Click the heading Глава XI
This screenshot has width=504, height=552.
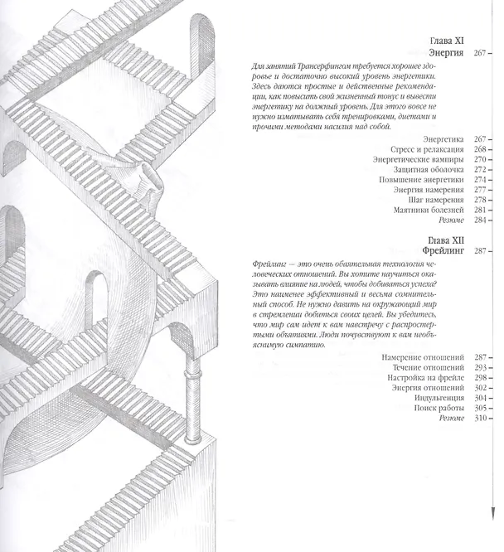click(447, 41)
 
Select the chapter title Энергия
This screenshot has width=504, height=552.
click(446, 53)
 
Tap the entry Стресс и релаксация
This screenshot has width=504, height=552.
click(427, 149)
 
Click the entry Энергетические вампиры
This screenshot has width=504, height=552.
click(419, 159)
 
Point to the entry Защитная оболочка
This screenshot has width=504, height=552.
click(429, 170)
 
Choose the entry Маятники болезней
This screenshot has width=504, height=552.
click(429, 211)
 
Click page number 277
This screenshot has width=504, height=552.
click(480, 190)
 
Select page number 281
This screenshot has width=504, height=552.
click(480, 211)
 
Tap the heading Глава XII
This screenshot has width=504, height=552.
click(446, 240)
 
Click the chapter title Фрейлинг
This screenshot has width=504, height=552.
click(443, 250)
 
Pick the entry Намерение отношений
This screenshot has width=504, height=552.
click(423, 357)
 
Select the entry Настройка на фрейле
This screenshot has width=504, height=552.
click(425, 378)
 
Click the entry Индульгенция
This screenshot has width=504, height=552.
click(439, 398)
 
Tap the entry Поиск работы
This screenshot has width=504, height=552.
click(439, 408)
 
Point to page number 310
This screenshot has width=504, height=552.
click(480, 419)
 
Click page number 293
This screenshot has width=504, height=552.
click(480, 367)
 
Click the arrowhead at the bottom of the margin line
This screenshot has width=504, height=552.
click(492, 513)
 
